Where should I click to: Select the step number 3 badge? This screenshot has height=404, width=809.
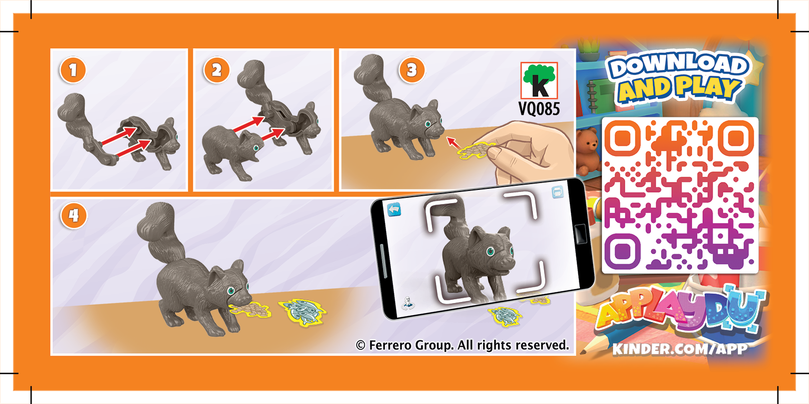pos(412,71)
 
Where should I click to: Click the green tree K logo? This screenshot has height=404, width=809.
pos(539,80)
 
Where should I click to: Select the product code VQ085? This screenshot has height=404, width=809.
pos(539,109)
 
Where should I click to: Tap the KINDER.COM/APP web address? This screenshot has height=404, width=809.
pos(679,348)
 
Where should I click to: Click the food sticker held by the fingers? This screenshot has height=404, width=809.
pos(474,150)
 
